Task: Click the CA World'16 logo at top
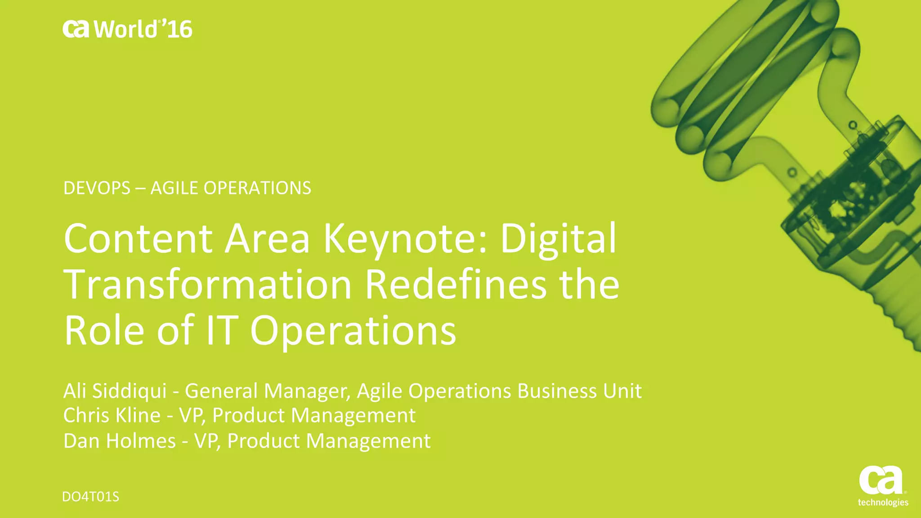(127, 29)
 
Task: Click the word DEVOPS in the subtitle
(97, 188)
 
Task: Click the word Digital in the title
(558, 238)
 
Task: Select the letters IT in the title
(221, 330)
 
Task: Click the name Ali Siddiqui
(115, 391)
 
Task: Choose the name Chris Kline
(112, 415)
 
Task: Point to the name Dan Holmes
(119, 441)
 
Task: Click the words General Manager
(268, 391)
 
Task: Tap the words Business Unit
(579, 391)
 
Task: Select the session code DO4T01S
(90, 497)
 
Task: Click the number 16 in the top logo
(179, 30)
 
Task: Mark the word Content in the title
(138, 238)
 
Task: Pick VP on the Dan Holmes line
(206, 441)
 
